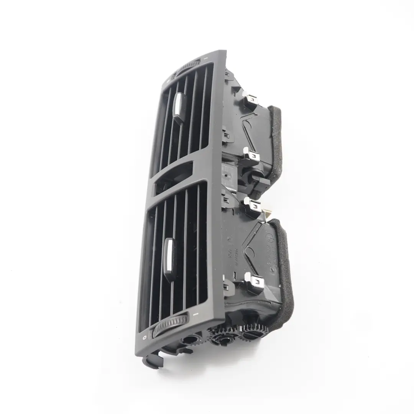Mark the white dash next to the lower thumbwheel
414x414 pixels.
[x=195, y=314]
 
